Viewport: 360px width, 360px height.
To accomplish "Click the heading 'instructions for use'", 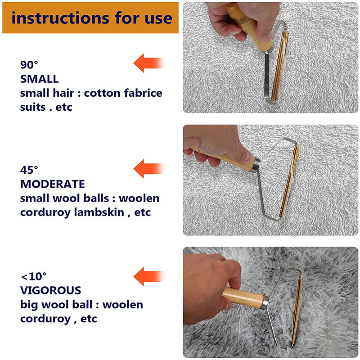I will (91, 18).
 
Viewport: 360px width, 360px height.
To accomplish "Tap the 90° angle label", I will (30, 64).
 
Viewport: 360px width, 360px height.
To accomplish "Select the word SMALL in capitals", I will (39, 79).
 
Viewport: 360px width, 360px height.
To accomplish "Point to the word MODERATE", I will (52, 184).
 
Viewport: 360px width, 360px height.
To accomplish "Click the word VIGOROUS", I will (50, 290).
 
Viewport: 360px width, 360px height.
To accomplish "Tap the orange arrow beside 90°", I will (148, 63).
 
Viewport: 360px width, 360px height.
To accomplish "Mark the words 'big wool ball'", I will (58, 305).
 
